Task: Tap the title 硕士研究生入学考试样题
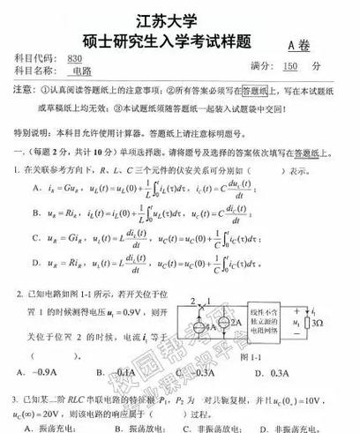point(180,41)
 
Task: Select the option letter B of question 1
point(36,213)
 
